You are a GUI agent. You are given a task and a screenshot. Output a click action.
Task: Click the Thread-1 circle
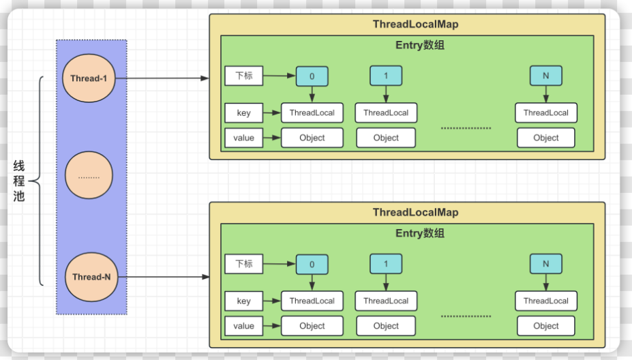pyautogui.click(x=89, y=78)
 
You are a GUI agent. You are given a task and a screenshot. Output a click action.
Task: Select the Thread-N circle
pyautogui.click(x=91, y=277)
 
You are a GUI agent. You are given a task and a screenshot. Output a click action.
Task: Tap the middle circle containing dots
pyautogui.click(x=89, y=175)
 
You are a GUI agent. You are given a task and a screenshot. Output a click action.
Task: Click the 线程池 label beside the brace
pyautogui.click(x=19, y=181)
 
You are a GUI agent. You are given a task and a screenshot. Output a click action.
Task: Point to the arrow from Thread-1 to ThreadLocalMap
pyautogui.click(x=162, y=78)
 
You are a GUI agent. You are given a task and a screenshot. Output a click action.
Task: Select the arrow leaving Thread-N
pyautogui.click(x=164, y=277)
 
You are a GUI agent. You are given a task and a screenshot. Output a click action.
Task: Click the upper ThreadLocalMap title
pyautogui.click(x=416, y=24)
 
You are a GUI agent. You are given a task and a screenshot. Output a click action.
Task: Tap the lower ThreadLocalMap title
pyautogui.click(x=416, y=213)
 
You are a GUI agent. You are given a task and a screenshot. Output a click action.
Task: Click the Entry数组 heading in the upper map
pyautogui.click(x=420, y=45)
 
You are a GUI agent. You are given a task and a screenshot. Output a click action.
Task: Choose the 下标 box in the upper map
pyautogui.click(x=244, y=76)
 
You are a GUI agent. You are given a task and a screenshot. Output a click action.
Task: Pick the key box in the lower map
pyautogui.click(x=244, y=301)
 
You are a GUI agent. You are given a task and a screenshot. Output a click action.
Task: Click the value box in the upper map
pyautogui.click(x=244, y=138)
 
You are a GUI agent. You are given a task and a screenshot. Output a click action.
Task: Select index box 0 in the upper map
pyautogui.click(x=312, y=76)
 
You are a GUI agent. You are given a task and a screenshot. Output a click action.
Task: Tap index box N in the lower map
pyautogui.click(x=545, y=264)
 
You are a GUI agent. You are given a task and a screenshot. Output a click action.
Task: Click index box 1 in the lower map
pyautogui.click(x=386, y=264)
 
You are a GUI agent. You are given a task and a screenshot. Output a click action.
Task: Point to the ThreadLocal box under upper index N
pyautogui.click(x=545, y=113)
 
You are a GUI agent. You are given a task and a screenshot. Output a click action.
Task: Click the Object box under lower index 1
pyautogui.click(x=386, y=326)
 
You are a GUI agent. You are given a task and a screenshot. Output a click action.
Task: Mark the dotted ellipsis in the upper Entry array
pyautogui.click(x=466, y=128)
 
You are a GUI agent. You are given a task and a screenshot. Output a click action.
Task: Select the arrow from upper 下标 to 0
pyautogui.click(x=280, y=76)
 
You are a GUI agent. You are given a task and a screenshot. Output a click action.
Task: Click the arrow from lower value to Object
pyautogui.click(x=272, y=326)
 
